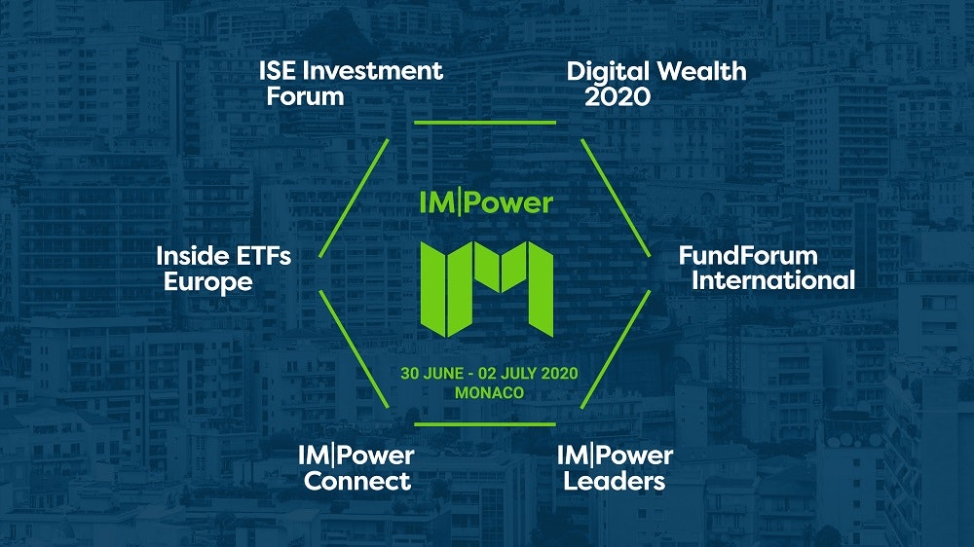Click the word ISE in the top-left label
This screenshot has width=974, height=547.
click(278, 71)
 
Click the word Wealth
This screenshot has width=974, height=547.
click(702, 71)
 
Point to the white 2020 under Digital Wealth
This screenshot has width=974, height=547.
click(618, 96)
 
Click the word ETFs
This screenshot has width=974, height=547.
click(263, 256)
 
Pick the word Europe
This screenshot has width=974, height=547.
click(208, 282)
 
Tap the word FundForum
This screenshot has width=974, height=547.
click(748, 255)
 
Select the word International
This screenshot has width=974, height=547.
click(773, 280)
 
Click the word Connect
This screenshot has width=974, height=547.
click(357, 481)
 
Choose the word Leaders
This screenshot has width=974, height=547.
click(615, 481)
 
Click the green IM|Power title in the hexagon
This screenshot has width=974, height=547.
click(486, 203)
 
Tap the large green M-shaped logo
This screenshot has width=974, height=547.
click(486, 289)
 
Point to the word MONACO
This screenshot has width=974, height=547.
click(489, 393)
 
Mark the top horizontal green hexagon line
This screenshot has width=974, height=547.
click(485, 123)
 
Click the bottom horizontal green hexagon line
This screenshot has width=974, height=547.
click(485, 424)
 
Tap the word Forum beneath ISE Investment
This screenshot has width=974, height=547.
click(305, 97)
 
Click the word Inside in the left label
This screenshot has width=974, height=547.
click(193, 256)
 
